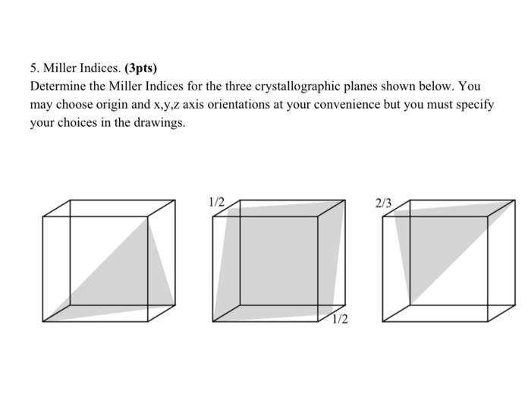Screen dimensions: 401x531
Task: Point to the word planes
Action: click(x=349, y=87)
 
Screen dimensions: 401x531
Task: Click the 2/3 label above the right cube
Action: click(x=384, y=203)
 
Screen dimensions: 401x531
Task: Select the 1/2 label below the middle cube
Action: click(x=340, y=319)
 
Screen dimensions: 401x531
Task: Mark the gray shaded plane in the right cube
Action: click(x=440, y=243)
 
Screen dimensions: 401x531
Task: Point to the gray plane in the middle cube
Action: click(x=277, y=262)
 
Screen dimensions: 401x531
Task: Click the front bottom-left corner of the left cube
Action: click(x=43, y=321)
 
